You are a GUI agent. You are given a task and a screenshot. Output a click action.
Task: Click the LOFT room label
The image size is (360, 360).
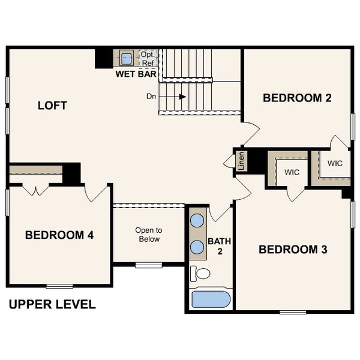(x=52, y=106)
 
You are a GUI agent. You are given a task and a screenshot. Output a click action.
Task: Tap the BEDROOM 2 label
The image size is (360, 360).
(x=298, y=98)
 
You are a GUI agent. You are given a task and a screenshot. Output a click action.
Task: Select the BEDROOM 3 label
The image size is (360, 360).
(x=293, y=249)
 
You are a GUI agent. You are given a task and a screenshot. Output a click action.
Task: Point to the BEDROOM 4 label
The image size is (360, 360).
(x=59, y=235)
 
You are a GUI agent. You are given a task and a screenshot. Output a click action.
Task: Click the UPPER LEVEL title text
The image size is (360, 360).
(x=52, y=304)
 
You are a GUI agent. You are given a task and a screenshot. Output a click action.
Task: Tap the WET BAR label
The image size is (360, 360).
(x=136, y=74)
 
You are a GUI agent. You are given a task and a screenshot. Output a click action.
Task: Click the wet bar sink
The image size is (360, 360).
(x=127, y=59)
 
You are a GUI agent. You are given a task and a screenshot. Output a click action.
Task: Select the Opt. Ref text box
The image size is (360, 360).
(x=147, y=58)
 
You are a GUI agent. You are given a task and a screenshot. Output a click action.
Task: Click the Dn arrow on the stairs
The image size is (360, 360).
(x=180, y=96)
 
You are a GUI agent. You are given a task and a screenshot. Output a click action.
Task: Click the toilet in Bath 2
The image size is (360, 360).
(x=201, y=274)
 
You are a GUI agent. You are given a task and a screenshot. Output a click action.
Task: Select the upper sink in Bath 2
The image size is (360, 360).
(x=197, y=220)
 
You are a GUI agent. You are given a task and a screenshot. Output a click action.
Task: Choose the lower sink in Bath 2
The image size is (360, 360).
(x=197, y=246)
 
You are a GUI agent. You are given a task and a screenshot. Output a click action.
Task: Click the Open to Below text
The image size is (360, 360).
(x=149, y=234)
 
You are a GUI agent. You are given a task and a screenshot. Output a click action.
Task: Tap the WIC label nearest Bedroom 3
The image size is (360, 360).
(x=292, y=172)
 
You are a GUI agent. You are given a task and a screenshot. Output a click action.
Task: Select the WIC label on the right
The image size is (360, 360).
(x=335, y=163)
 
